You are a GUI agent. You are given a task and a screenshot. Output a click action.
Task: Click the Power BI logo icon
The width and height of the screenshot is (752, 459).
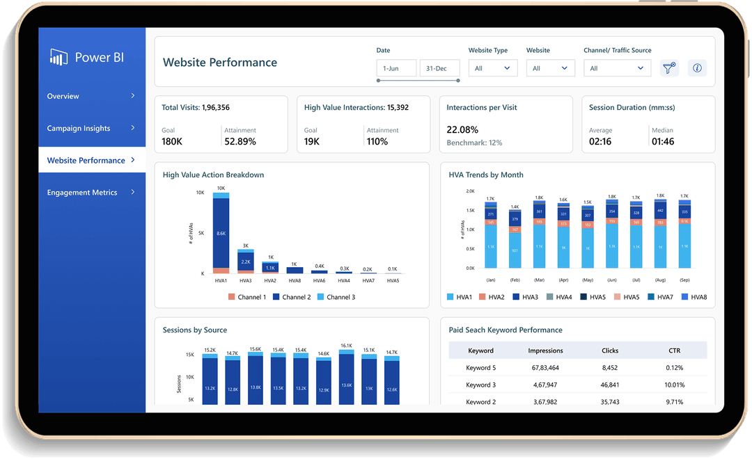58,57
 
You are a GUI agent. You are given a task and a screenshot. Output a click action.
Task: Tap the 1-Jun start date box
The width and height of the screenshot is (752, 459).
396,68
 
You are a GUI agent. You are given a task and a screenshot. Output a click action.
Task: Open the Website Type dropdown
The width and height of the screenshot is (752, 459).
493,68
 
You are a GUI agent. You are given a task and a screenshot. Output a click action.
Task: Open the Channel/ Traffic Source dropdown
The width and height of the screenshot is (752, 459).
617,68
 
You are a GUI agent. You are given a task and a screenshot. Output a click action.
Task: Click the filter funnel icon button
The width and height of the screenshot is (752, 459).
669,68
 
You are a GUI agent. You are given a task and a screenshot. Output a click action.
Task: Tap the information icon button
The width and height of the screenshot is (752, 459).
697,68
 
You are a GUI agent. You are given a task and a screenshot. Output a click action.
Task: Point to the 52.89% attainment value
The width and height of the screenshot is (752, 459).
240,141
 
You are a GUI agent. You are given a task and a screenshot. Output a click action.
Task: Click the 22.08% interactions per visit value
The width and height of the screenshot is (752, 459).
462,129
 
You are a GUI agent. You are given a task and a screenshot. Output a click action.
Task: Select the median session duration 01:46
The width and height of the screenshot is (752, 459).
663,141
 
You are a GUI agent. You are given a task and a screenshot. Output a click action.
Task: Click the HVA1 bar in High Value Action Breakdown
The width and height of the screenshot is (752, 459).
221,234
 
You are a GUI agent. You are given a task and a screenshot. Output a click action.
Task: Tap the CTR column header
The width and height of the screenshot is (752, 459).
674,351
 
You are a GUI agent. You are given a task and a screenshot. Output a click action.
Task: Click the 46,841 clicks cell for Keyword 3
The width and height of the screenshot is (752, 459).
609,385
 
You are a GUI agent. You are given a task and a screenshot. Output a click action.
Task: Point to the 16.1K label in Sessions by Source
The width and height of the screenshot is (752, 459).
346,346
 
